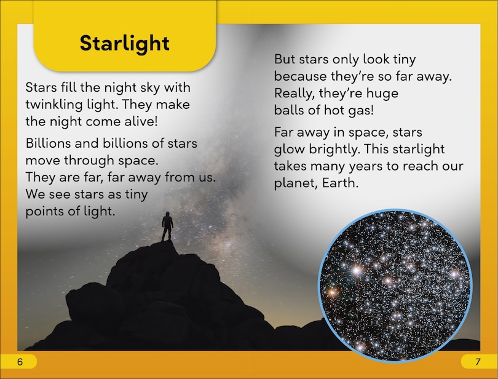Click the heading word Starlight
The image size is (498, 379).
coord(124,43)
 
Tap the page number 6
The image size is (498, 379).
coord(20,361)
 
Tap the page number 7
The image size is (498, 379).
coord(478,361)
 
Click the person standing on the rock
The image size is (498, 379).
coord(167,226)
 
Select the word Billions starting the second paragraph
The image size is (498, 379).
coord(49,143)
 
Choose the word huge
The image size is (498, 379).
coord(382,94)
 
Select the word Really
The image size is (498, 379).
coord(296,94)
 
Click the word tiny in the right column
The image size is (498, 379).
coord(401,60)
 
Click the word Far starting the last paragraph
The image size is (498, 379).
coord(285,132)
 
